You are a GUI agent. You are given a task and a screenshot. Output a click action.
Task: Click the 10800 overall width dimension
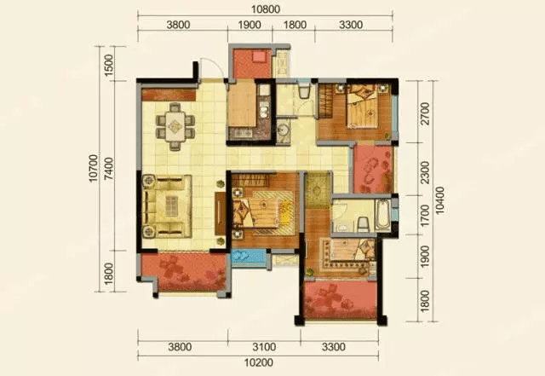(266, 9)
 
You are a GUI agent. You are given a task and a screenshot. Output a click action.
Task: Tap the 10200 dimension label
(259, 362)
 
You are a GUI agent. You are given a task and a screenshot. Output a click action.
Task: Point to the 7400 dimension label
(109, 169)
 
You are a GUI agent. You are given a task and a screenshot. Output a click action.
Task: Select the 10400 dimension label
(440, 200)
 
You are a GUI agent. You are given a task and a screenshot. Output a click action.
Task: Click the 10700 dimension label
(94, 169)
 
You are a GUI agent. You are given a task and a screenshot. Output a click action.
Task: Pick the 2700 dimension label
(425, 113)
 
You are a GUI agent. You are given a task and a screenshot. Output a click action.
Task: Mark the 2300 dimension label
(425, 172)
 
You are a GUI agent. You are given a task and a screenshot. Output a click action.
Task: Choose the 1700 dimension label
(425, 216)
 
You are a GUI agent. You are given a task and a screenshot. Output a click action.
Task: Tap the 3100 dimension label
(264, 347)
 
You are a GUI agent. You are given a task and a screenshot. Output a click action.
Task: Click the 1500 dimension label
(109, 66)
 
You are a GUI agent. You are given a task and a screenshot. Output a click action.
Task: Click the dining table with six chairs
(175, 126)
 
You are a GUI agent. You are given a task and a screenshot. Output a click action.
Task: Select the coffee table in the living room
(172, 206)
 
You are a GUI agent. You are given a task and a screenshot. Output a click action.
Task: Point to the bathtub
(382, 215)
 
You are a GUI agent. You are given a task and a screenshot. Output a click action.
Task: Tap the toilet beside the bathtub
(364, 224)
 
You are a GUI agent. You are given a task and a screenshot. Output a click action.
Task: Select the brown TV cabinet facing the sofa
(220, 213)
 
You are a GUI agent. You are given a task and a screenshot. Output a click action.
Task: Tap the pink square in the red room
(259, 56)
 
